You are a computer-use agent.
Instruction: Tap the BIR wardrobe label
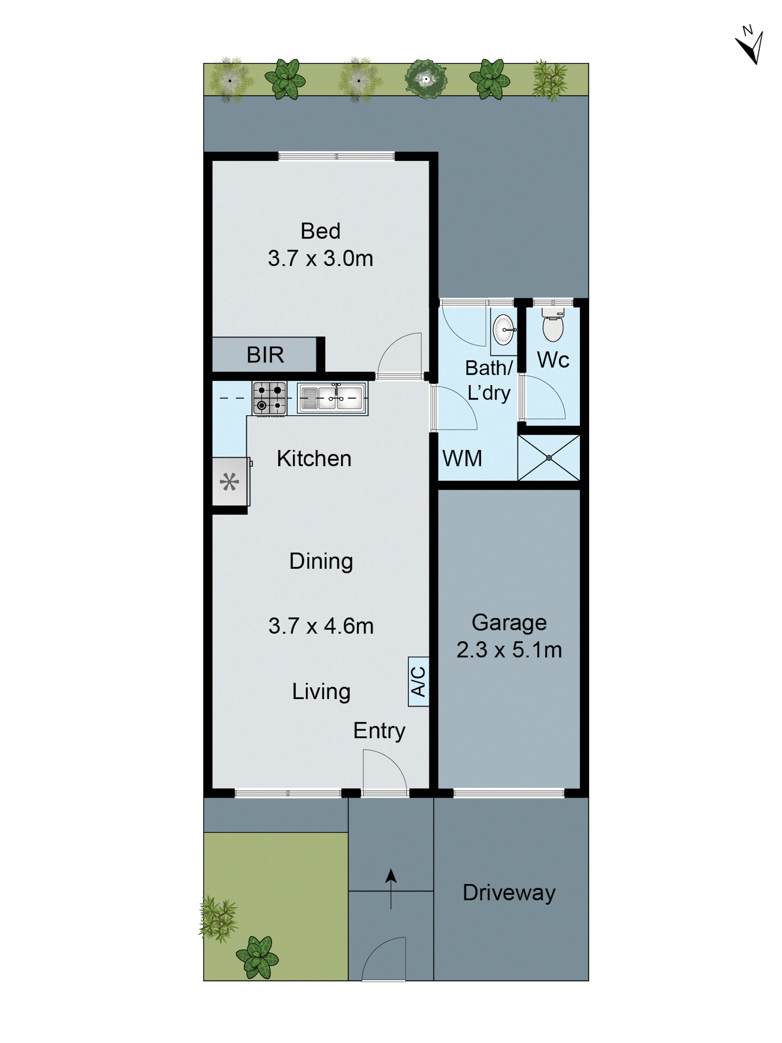coord(265,355)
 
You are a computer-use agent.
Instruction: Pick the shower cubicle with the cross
coord(548,457)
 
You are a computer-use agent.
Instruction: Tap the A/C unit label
coord(418,681)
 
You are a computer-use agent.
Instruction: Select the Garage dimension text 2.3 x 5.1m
coord(509,650)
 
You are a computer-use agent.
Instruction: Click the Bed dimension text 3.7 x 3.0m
coord(320,258)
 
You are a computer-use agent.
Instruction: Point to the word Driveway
coord(509,893)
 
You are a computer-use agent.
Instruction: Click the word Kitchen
coord(314,459)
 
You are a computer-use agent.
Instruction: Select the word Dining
coord(321,561)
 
